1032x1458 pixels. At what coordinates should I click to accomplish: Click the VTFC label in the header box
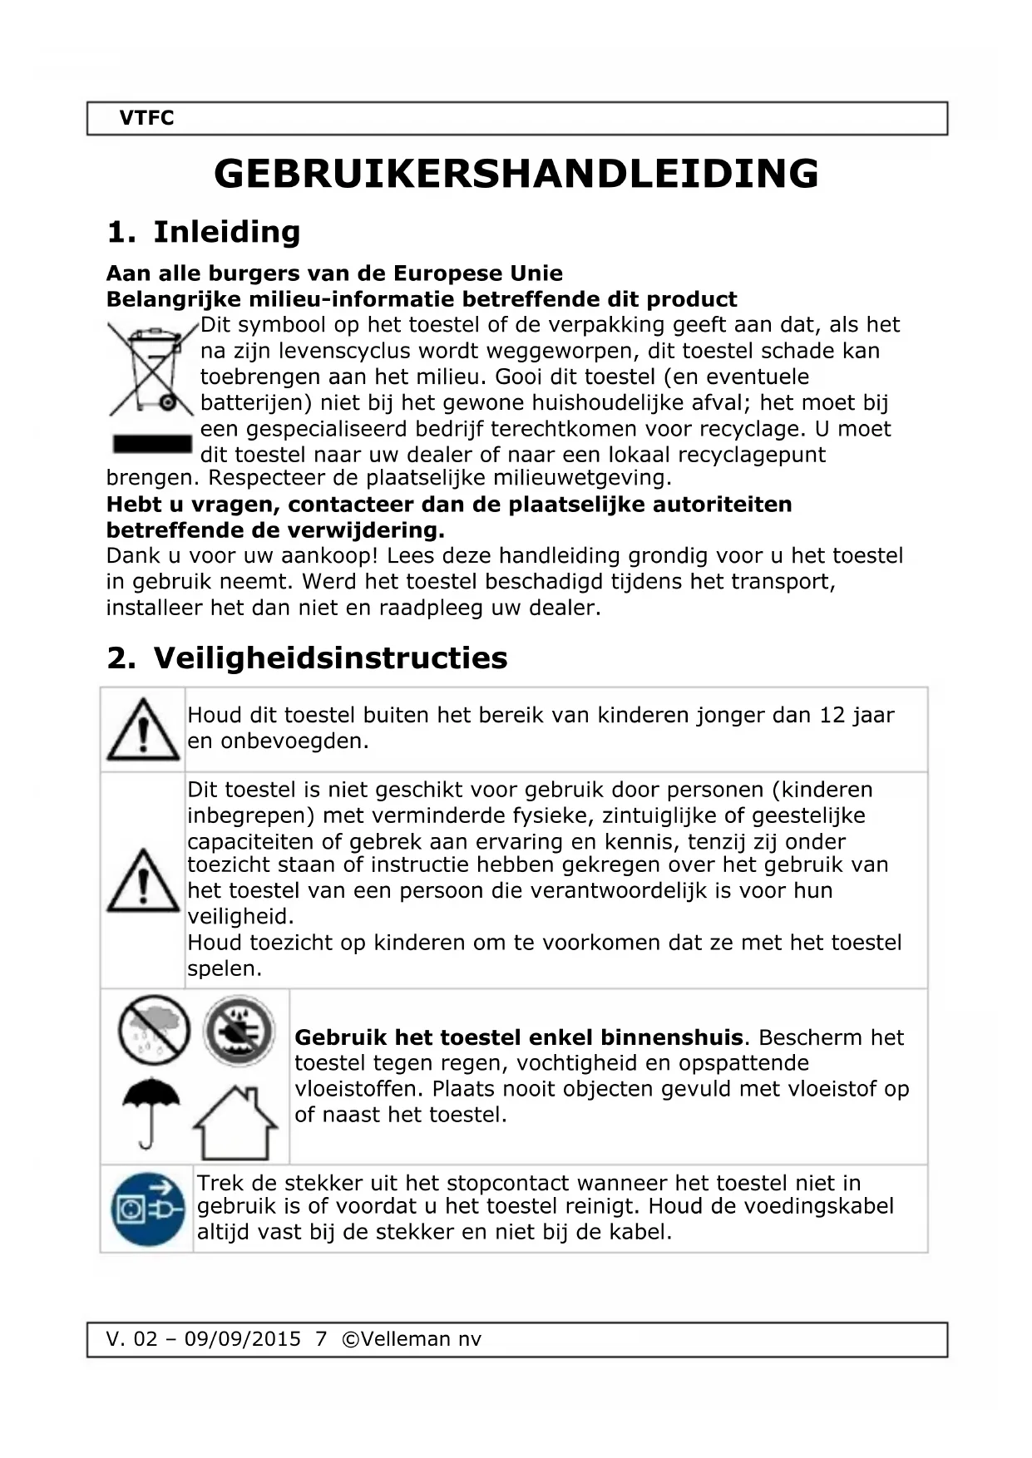click(x=146, y=118)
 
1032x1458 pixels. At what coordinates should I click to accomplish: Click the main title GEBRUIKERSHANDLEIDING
click(x=516, y=174)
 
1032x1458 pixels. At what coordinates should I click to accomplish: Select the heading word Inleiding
click(x=226, y=231)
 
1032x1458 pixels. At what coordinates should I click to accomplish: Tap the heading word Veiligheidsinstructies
click(x=330, y=658)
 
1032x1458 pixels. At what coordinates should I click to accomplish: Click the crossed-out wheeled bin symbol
click(x=151, y=368)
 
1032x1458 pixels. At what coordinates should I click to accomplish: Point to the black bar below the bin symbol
click(x=152, y=443)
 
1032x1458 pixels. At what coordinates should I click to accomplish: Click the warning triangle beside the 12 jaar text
click(x=143, y=730)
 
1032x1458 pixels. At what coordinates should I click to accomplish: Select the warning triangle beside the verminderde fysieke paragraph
click(x=143, y=881)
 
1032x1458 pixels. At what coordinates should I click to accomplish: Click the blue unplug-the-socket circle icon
click(x=147, y=1209)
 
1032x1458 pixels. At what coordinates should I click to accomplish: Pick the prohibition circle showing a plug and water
click(x=239, y=1031)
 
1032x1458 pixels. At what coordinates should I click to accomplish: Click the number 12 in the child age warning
click(x=832, y=715)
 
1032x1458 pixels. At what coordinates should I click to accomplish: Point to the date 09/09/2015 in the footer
click(x=242, y=1339)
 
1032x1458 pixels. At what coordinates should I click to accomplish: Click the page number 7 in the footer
click(x=322, y=1339)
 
